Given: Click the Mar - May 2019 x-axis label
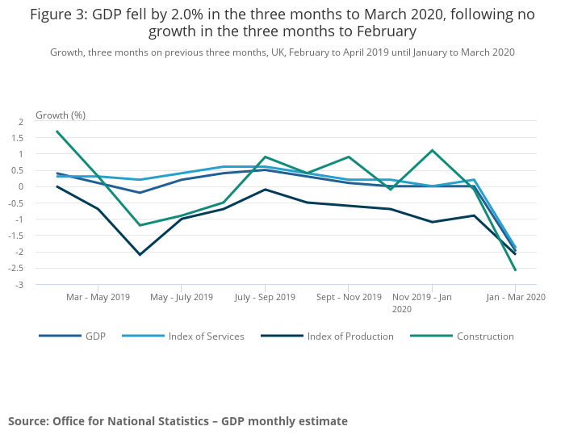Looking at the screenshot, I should [98, 298].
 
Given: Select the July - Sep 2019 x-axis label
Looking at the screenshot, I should [265, 298].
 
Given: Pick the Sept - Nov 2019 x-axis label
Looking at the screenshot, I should [349, 298].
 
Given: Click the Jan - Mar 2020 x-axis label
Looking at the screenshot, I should [515, 298].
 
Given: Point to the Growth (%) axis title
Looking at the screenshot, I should [61, 115].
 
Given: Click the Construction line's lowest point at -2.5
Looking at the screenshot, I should [515, 270].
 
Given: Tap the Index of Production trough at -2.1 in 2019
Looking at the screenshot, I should [140, 255].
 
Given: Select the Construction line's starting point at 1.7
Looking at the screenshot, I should [56, 131].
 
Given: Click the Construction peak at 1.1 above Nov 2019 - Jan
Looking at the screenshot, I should [432, 150].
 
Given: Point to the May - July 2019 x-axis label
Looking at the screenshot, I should [182, 298].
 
